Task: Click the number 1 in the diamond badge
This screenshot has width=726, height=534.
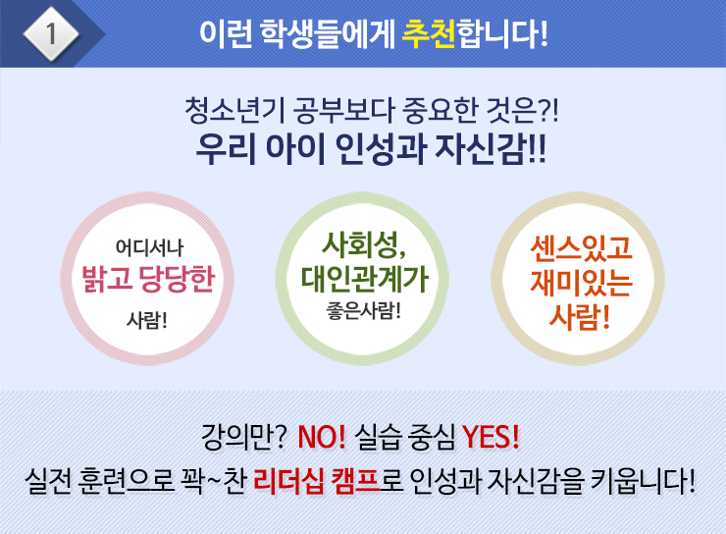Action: pyautogui.click(x=51, y=33)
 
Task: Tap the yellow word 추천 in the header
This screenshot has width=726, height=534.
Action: pyautogui.click(x=429, y=33)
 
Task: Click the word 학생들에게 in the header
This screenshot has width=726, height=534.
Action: pyautogui.click(x=328, y=34)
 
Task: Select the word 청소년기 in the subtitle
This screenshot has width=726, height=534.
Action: pyautogui.click(x=234, y=111)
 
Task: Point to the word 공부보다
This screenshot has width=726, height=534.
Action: pyautogui.click(x=344, y=111)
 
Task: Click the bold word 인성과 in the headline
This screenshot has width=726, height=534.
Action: pyautogui.click(x=380, y=148)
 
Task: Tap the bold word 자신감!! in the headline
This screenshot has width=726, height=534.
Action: pyautogui.click(x=491, y=148)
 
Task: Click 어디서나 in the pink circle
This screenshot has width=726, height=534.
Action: pyautogui.click(x=149, y=247)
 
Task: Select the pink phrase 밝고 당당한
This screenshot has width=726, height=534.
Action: pyautogui.click(x=148, y=280)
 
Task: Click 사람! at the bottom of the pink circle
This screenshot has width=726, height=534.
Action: pyautogui.click(x=147, y=320)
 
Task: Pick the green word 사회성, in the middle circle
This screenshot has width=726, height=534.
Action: pyautogui.click(x=364, y=245)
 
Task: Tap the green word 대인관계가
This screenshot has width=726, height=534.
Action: pyautogui.click(x=364, y=280)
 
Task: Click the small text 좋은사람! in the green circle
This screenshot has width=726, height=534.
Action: pyautogui.click(x=363, y=310)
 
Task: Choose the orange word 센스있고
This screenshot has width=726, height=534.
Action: pyautogui.click(x=581, y=247)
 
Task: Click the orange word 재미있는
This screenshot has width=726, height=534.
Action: pyautogui.click(x=581, y=282)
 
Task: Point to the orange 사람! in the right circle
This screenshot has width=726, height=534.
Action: pyautogui.click(x=579, y=316)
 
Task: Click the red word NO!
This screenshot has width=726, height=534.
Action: pyautogui.click(x=322, y=436)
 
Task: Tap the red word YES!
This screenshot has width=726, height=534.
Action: pyautogui.click(x=491, y=436)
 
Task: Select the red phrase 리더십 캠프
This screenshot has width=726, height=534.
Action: pyautogui.click(x=317, y=481)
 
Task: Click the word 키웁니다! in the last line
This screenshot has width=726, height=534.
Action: pyautogui.click(x=644, y=481)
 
